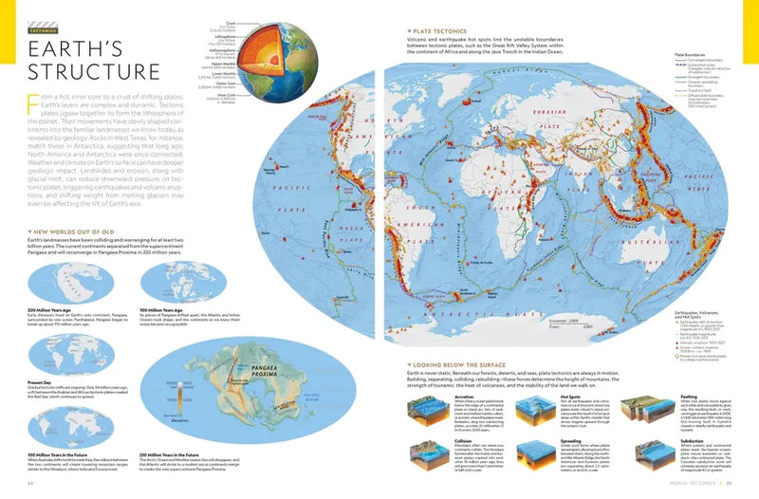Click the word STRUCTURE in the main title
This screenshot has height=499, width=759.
click(93, 72)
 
